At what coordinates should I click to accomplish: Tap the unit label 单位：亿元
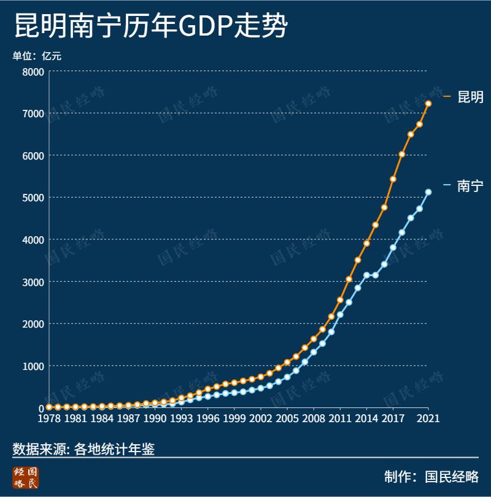point(37,56)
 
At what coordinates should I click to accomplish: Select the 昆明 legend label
point(470,97)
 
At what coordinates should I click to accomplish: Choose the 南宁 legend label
point(470,187)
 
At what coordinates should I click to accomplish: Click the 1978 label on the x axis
point(49,418)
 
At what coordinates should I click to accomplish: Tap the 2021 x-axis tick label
point(428,418)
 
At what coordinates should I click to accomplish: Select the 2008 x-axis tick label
point(314,418)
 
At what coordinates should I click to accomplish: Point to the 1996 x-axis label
point(207,418)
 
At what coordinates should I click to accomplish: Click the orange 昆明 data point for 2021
point(428,104)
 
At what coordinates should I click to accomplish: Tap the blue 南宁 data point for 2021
point(428,192)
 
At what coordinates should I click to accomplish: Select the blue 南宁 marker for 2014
point(366,275)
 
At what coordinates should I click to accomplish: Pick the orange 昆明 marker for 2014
point(366,243)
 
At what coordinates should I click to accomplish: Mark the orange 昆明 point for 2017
point(393,179)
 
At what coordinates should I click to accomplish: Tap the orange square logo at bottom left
point(26,478)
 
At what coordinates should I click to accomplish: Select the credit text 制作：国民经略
point(431,477)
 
